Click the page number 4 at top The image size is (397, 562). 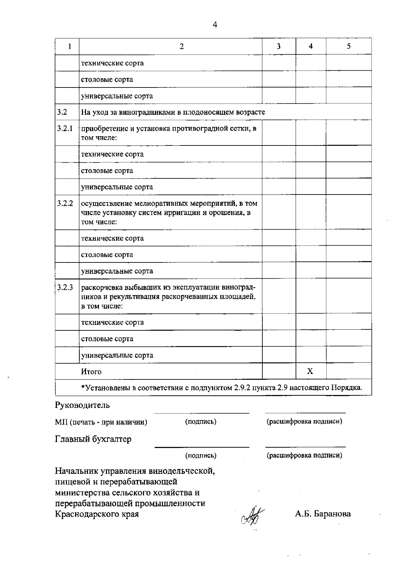pyautogui.click(x=215, y=25)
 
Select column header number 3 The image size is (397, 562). pyautogui.click(x=279, y=46)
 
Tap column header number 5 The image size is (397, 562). pyautogui.click(x=349, y=46)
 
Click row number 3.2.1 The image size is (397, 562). pyautogui.click(x=65, y=128)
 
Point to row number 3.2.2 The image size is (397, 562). pyautogui.click(x=65, y=203)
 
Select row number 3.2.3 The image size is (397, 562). pyautogui.click(x=65, y=287)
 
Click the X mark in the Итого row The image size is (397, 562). pyautogui.click(x=310, y=371)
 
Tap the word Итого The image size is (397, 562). pyautogui.click(x=91, y=372)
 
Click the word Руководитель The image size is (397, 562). pyautogui.click(x=82, y=405)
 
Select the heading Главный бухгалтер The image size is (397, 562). pyautogui.click(x=93, y=439)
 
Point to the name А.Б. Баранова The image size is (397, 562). pyautogui.click(x=323, y=514)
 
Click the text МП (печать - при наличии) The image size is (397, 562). pyautogui.click(x=101, y=422)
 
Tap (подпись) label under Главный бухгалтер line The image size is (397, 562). pyautogui.click(x=201, y=456)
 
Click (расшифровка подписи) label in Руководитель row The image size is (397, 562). pyautogui.click(x=304, y=421)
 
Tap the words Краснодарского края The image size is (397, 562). pyautogui.click(x=97, y=514)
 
